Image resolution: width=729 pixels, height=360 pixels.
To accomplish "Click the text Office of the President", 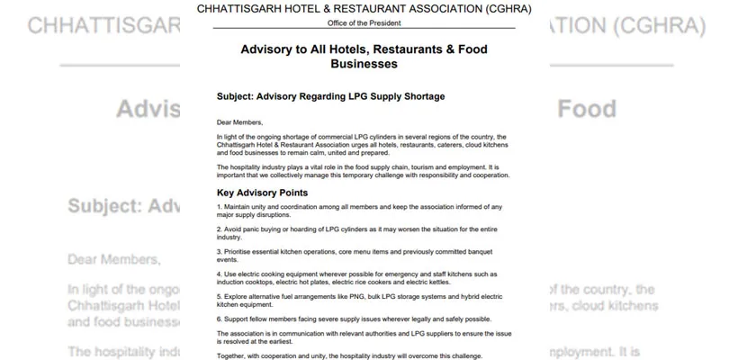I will pyautogui.click(x=364, y=22).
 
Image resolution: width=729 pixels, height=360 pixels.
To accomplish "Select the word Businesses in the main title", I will pyautogui.click(x=364, y=64).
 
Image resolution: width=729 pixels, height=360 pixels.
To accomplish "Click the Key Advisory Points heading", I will pyautogui.click(x=263, y=193).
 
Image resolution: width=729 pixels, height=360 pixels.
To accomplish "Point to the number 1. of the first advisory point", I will pyautogui.click(x=220, y=208).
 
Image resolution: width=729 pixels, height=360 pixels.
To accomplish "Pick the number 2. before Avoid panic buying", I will pyautogui.click(x=220, y=229).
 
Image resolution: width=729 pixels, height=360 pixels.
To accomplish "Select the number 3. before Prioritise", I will pyautogui.click(x=220, y=252).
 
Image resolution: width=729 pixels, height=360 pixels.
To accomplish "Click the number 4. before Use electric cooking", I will pyautogui.click(x=220, y=274).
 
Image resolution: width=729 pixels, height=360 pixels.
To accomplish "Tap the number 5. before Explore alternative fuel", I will pyautogui.click(x=220, y=295).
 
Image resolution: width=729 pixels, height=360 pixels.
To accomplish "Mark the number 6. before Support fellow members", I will pyautogui.click(x=220, y=318).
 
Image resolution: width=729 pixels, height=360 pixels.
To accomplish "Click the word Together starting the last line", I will pyautogui.click(x=233, y=355).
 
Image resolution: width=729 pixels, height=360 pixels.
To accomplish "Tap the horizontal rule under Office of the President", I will pyautogui.click(x=364, y=30).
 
